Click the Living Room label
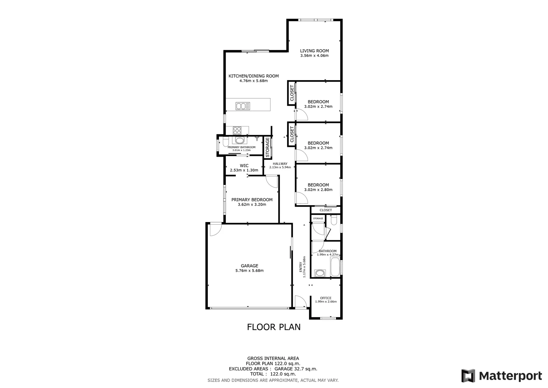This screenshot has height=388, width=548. (314, 51)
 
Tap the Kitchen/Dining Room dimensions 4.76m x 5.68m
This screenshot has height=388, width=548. (253, 81)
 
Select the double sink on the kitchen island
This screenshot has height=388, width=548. (243, 106)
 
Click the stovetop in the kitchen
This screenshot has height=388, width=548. (237, 130)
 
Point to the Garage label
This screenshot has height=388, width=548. (249, 266)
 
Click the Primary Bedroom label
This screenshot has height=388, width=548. (252, 200)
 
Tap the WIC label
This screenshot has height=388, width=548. (244, 166)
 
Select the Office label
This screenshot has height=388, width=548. (325, 298)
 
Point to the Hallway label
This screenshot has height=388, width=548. (280, 164)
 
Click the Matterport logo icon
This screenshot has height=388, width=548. (468, 376)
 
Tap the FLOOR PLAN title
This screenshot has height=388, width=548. (273, 327)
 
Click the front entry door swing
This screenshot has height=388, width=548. (300, 301)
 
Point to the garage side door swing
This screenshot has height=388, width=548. (216, 230)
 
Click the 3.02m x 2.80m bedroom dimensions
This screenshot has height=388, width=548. (318, 190)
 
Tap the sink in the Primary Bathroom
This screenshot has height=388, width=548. (239, 140)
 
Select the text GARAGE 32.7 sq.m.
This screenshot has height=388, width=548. (296, 369)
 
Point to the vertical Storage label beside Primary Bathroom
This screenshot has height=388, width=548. (267, 147)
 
